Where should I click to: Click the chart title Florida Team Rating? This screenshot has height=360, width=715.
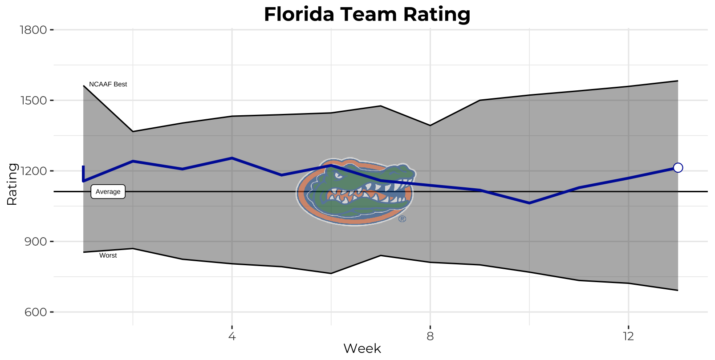point(367,14)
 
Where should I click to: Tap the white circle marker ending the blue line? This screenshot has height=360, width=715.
point(678,168)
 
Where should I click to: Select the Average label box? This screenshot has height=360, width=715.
point(108,192)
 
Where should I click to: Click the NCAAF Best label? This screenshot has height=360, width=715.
point(108,84)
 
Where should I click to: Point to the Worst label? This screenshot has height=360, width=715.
point(108,255)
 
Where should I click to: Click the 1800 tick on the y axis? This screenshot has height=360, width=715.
point(33,30)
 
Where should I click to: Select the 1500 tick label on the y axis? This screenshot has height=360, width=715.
point(33,101)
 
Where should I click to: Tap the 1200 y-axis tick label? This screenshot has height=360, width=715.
point(33,171)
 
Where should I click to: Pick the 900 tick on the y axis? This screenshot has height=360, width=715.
point(36,242)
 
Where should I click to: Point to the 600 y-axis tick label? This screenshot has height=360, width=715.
point(36,312)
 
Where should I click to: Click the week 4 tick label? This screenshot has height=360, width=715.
point(232,336)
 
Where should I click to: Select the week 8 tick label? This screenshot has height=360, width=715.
point(430,336)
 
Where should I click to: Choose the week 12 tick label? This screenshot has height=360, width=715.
point(628,336)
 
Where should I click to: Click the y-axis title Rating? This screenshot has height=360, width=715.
point(12,184)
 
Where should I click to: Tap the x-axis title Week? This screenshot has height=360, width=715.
point(362,348)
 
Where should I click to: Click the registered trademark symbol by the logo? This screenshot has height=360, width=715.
point(402,219)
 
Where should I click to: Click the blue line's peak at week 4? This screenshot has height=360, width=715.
point(232,158)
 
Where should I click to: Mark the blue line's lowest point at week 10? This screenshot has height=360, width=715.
point(529,203)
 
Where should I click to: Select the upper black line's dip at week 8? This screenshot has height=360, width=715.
point(430,125)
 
